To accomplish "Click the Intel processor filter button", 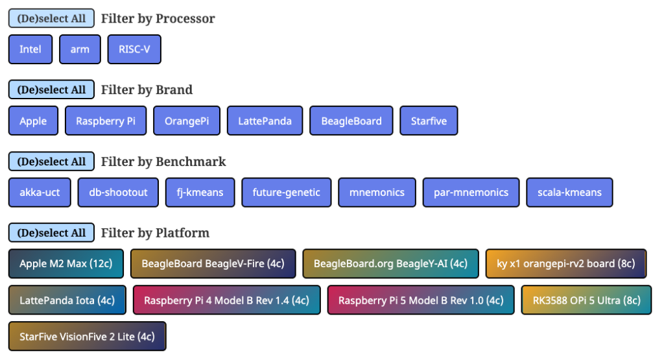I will (30, 49).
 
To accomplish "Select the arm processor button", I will (80, 49).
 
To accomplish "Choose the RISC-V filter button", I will (134, 49).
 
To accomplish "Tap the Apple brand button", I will (33, 121).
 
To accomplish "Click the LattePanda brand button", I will (265, 121).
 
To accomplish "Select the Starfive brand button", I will (429, 121).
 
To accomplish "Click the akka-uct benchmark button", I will (40, 192).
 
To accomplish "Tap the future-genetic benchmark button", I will (287, 192).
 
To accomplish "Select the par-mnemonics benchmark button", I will (471, 192).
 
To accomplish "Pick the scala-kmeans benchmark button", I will (569, 192).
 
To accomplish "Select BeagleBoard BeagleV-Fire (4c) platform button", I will (213, 264).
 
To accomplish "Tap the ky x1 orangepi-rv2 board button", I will (565, 264).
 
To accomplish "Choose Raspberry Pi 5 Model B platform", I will (421, 300).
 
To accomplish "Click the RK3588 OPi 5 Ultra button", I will (586, 300).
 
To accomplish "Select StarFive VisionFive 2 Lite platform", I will (87, 337).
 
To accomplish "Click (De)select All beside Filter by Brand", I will (51, 90).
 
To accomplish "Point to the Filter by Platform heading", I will (155, 233).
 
